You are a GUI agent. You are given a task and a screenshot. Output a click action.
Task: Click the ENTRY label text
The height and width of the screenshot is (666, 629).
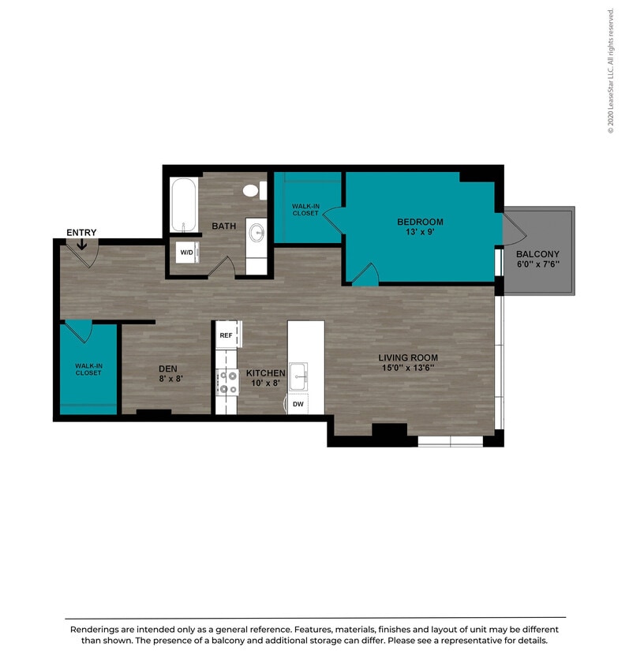(81, 232)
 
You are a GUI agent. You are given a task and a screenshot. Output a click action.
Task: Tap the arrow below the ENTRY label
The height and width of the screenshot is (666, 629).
(82, 245)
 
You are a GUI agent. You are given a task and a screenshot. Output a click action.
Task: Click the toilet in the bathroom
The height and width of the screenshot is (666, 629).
(252, 190)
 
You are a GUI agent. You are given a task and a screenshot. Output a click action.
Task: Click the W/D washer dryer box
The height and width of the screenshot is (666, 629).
(187, 253)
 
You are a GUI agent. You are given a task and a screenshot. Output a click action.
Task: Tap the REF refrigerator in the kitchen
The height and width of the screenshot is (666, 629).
(226, 335)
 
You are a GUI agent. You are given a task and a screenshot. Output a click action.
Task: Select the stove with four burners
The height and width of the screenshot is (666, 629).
(227, 382)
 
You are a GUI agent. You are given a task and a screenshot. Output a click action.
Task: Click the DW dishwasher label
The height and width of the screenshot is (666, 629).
(298, 404)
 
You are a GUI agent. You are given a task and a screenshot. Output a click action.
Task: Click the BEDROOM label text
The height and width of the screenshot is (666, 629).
(420, 222)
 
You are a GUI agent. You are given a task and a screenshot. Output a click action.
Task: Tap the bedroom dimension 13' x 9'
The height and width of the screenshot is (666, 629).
(420, 233)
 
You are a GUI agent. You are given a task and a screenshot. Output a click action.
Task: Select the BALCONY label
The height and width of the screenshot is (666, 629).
(537, 254)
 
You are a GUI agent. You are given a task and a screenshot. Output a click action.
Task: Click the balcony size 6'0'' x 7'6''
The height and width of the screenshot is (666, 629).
(537, 264)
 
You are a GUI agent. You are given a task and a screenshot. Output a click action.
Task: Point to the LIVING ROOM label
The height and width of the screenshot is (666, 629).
(407, 357)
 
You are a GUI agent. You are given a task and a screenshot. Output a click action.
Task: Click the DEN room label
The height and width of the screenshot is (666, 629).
(168, 368)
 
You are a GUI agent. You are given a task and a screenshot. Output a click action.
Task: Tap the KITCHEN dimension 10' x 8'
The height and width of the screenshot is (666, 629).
(265, 384)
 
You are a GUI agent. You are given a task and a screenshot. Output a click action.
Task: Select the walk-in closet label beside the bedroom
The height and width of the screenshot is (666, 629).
(305, 209)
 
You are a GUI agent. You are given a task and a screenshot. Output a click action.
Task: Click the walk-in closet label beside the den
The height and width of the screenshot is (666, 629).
(88, 369)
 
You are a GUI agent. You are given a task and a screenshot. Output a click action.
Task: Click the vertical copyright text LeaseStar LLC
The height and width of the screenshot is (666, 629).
(610, 71)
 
